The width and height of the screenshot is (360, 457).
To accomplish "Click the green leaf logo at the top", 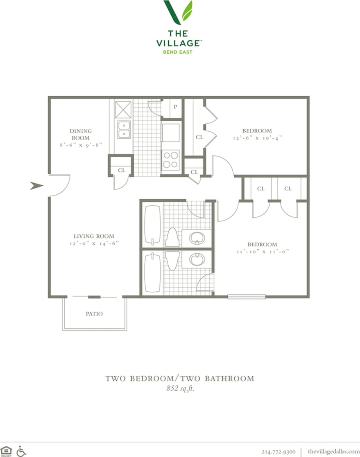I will [178, 12].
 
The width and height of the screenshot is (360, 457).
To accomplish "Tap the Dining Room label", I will [80, 134].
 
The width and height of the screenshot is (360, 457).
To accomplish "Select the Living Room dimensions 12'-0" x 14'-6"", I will [94, 243].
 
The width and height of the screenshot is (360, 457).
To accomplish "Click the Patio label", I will [94, 314].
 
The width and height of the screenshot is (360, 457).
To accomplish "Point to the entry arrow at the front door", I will [37, 186].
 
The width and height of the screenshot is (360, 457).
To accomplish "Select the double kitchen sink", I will [124, 129].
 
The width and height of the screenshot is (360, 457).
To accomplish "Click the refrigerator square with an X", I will [123, 109].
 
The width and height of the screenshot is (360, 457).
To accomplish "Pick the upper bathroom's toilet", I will [172, 237].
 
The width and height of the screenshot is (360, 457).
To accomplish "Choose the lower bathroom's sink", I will [197, 260].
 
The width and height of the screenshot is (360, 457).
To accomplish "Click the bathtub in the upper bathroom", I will [152, 225].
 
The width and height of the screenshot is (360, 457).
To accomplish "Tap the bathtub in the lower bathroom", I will [152, 273].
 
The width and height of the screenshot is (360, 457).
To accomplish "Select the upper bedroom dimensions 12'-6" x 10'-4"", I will [256, 138].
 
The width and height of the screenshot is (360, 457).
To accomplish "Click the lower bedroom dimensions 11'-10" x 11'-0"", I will [262, 252].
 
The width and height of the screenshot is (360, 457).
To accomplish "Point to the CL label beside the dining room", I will [121, 170].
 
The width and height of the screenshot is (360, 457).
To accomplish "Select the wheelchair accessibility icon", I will [21, 451].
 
